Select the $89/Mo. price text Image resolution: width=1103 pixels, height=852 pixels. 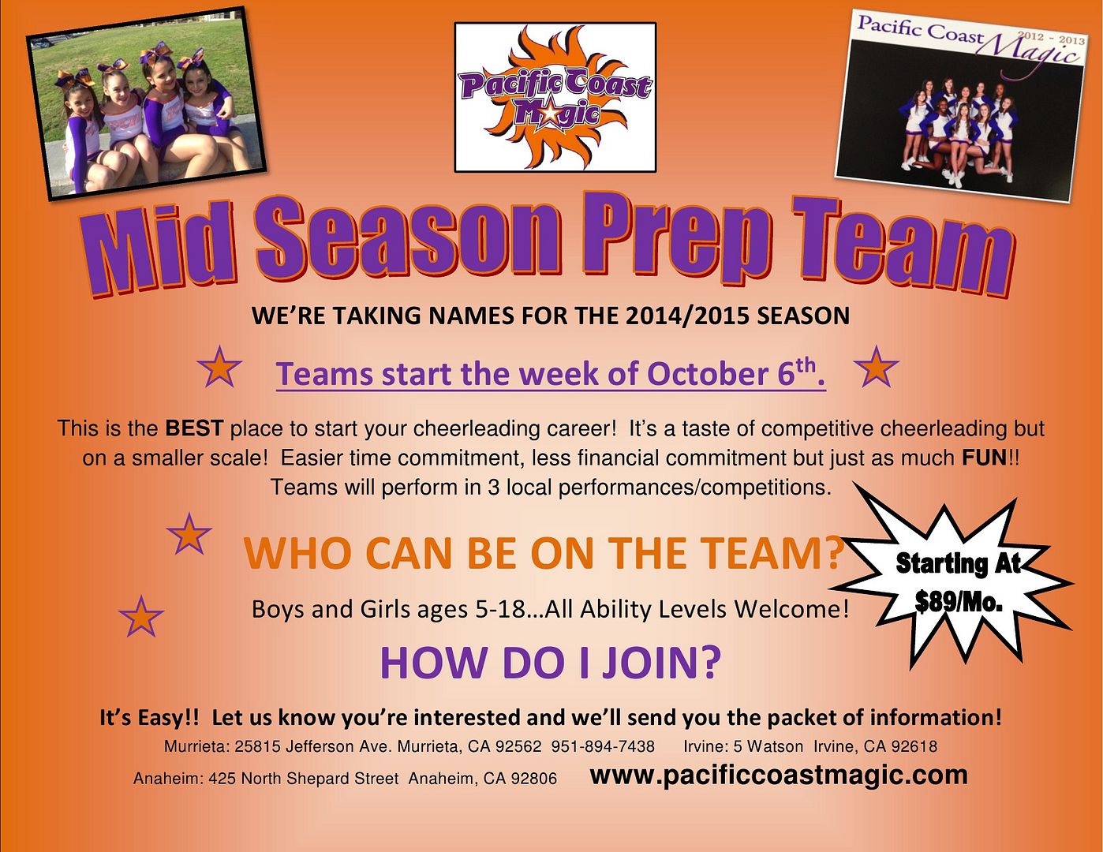tap(959, 603)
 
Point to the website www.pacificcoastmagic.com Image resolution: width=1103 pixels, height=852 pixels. tap(779, 775)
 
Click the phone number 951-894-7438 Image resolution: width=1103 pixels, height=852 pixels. tap(603, 746)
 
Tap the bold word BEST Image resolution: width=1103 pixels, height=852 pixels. tap(194, 429)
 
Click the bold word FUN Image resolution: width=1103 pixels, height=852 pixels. tap(984, 458)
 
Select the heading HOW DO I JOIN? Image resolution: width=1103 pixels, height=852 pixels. tap(551, 662)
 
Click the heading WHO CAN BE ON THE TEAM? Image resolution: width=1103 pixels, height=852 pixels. tap(544, 553)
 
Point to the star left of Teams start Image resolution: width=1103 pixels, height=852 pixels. tap(219, 366)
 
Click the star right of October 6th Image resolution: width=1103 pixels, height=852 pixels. tap(877, 366)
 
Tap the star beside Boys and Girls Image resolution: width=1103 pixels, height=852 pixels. tap(141, 616)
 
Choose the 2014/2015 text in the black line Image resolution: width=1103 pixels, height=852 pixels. tap(687, 316)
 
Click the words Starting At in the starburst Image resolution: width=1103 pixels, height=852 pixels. tap(959, 564)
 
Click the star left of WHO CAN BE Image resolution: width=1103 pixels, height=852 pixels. tap(189, 534)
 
